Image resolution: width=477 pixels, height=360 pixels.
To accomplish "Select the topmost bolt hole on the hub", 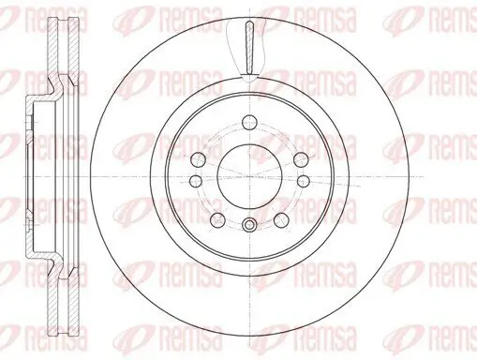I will (247, 121).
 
